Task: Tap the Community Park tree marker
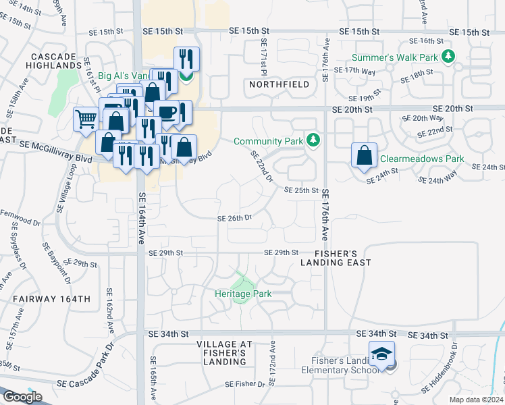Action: point(312,140)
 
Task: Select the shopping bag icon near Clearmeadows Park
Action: point(364,155)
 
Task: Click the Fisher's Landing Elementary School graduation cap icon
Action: point(381,354)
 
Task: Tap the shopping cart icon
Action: point(86,119)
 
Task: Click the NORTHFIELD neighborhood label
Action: point(279,84)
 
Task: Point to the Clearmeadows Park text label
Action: point(422,159)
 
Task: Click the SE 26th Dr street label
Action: point(234,218)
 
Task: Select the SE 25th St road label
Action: point(300,190)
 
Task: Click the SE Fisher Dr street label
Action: point(245,384)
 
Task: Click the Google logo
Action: point(22,397)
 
